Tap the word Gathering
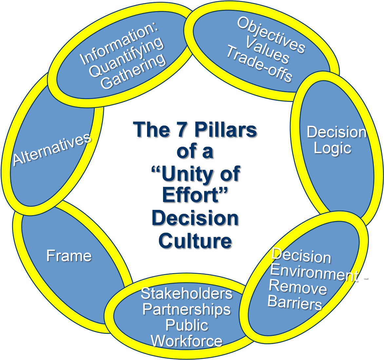[x=133, y=72]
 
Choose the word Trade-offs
[x=259, y=64]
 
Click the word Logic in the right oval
[x=332, y=149]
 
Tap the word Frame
[x=69, y=256]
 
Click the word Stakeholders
[x=186, y=293]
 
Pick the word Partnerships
[x=186, y=309]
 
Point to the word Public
[x=186, y=325]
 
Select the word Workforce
[x=186, y=341]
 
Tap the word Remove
[x=298, y=288]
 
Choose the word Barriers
[x=295, y=302]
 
